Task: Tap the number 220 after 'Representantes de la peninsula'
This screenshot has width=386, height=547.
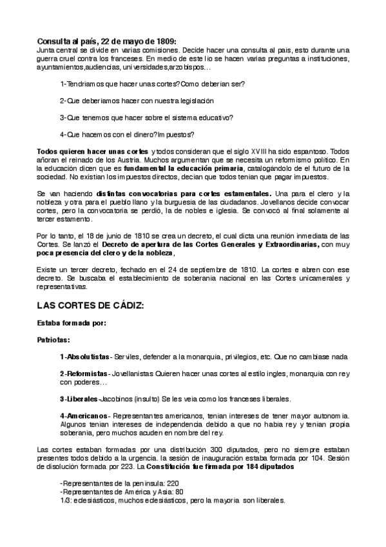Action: pos(173,483)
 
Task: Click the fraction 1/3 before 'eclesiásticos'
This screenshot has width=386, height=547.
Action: pos(64,500)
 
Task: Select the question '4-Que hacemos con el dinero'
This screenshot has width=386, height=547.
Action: pos(126,135)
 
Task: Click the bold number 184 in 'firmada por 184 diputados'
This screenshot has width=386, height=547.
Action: pos(246,466)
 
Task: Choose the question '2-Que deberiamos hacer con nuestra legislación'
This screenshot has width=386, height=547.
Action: pos(137,101)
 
